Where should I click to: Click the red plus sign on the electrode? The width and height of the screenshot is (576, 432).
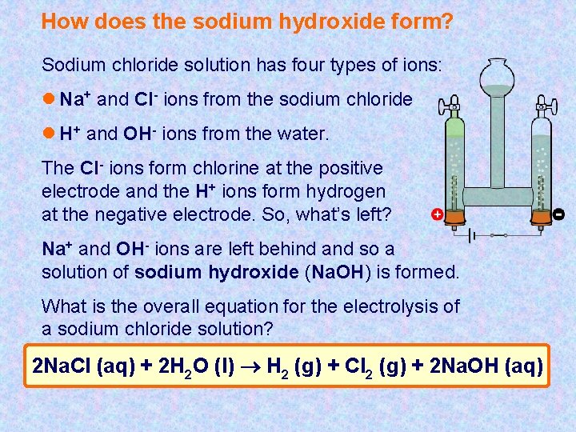tap(437, 215)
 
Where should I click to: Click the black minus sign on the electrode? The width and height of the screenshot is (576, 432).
tap(558, 214)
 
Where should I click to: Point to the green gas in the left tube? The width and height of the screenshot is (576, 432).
tap(454, 130)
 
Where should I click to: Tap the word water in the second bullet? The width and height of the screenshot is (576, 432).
tap(302, 134)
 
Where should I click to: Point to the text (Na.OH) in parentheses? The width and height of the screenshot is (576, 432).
tap(340, 272)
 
